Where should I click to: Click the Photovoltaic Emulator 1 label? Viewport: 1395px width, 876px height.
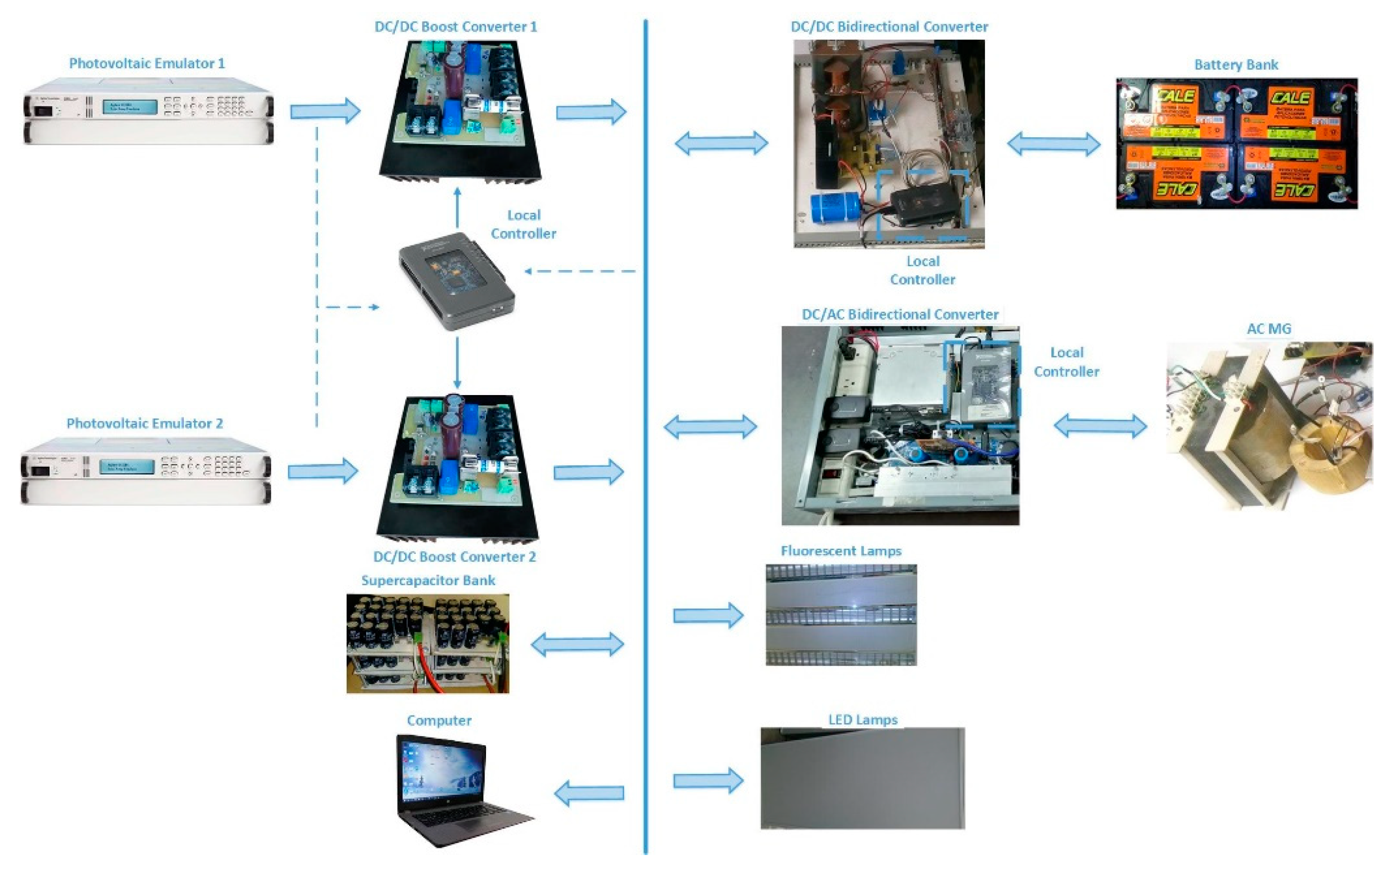point(147,63)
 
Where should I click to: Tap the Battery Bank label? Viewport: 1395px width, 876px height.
point(1236,64)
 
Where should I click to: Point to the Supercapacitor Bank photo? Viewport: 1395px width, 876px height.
point(428,643)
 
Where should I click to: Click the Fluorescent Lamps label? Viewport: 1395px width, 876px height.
point(841,551)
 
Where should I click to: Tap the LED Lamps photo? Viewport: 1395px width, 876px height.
point(862,778)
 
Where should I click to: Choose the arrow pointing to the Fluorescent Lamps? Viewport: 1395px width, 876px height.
point(708,615)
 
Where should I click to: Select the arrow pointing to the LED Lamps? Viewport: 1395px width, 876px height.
point(708,781)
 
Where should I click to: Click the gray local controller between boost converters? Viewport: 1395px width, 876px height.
point(456,282)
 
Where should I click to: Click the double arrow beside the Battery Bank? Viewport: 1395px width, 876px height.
point(1053,144)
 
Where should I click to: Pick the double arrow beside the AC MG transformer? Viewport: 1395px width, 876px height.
point(1099,427)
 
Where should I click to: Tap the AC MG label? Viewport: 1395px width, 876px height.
point(1268,329)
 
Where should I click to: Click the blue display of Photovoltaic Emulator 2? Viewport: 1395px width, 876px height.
point(127,467)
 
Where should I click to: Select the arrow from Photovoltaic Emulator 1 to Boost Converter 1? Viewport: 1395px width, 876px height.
point(325,111)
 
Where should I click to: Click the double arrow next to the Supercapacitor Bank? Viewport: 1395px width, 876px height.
point(577,644)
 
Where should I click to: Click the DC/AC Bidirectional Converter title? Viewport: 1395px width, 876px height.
point(899,314)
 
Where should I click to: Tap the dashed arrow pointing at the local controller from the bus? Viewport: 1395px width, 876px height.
point(579,271)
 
